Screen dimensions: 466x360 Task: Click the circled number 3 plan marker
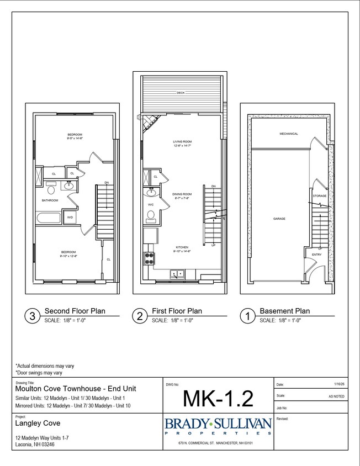click(x=32, y=316)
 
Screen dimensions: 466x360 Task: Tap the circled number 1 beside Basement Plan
click(x=247, y=316)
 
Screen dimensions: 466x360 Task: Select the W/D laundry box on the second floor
click(x=70, y=218)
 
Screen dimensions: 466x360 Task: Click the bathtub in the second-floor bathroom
click(x=50, y=218)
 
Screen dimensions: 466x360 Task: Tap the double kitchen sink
click(x=178, y=272)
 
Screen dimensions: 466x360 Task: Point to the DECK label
click(x=181, y=93)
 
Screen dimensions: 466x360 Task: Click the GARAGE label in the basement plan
click(x=279, y=219)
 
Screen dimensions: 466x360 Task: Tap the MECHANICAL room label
click(x=288, y=134)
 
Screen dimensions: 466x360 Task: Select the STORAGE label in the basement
click(x=319, y=196)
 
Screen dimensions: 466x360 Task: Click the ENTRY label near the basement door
click(x=316, y=255)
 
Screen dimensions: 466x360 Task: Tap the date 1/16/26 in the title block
click(x=339, y=384)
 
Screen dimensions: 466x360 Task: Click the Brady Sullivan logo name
click(x=218, y=423)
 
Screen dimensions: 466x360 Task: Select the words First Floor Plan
click(x=177, y=311)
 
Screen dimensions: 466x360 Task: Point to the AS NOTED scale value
click(x=337, y=396)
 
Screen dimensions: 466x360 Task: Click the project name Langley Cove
click(x=36, y=425)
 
